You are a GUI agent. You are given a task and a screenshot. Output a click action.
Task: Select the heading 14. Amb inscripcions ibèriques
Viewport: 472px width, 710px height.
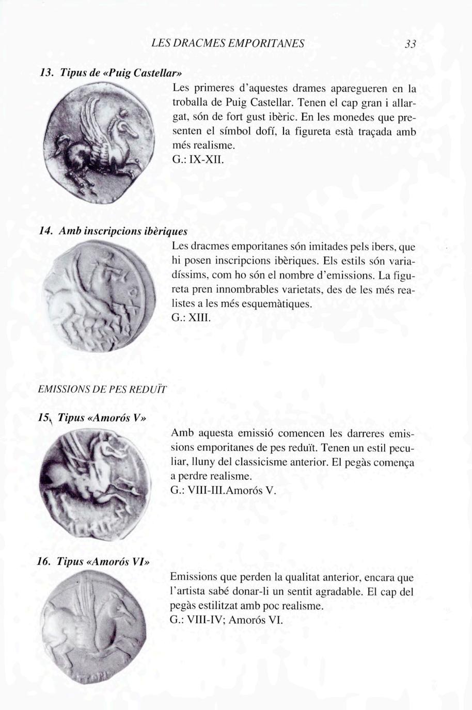(x=113, y=231)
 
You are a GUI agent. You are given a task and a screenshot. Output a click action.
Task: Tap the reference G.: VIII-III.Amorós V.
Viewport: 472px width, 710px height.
(x=224, y=490)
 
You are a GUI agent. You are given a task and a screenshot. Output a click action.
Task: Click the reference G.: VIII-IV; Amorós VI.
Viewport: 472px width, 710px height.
(x=227, y=619)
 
